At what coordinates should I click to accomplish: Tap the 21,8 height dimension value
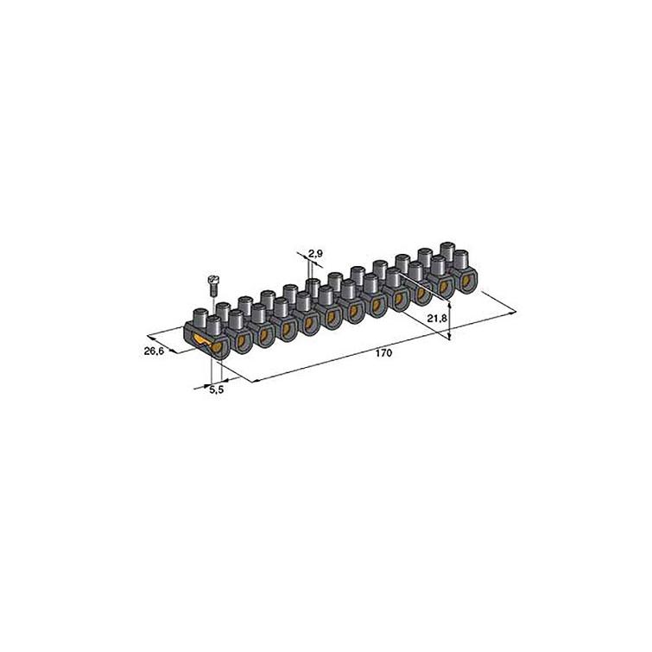438,319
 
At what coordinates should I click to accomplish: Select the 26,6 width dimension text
155,351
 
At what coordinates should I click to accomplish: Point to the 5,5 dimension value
218,391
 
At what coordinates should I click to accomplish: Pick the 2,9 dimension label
315,253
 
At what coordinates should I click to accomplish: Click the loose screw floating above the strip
210,286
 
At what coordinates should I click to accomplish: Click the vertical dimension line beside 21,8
450,320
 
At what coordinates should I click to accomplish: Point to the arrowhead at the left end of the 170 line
251,380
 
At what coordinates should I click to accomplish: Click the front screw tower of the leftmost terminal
213,327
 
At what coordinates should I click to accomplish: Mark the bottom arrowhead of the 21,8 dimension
450,341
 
